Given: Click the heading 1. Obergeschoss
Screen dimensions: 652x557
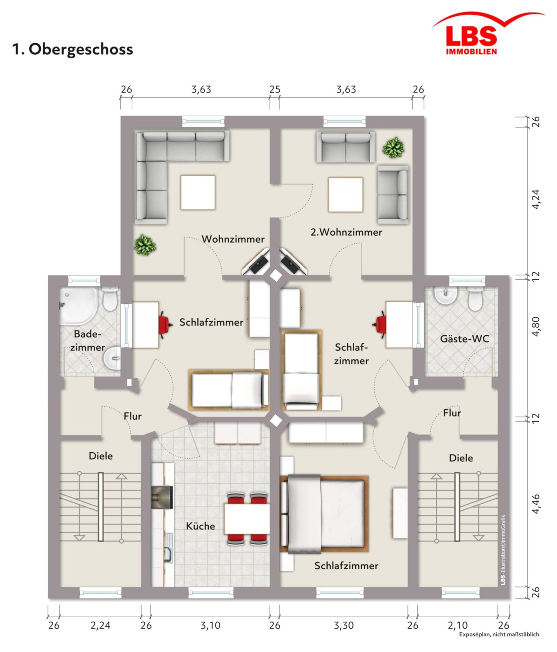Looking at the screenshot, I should tap(73, 49).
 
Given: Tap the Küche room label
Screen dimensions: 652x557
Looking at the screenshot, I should tap(200, 526).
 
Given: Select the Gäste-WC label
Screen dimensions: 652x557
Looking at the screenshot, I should tap(465, 339).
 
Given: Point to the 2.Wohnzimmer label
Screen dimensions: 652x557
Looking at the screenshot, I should tap(346, 232).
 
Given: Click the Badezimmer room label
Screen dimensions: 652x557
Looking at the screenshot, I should tap(87, 341).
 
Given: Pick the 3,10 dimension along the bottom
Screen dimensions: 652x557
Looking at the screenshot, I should tap(210, 626).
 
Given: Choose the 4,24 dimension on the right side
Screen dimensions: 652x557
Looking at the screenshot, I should tap(536, 199).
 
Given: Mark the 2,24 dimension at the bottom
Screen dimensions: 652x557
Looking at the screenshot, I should tap(100, 626).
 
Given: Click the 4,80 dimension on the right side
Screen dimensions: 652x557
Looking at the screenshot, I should tap(536, 327).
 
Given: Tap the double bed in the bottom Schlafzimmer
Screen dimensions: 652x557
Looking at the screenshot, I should tap(324, 514).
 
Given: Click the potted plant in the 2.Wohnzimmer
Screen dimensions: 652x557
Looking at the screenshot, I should tap(393, 148).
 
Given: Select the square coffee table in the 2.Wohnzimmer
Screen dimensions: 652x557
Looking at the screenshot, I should tap(345, 194).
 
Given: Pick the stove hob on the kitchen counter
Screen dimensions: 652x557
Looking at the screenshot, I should tap(162, 497).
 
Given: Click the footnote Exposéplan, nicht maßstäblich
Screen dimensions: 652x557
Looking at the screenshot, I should tap(499, 634).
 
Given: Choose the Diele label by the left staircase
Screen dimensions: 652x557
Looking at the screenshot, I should tap(101, 456).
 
